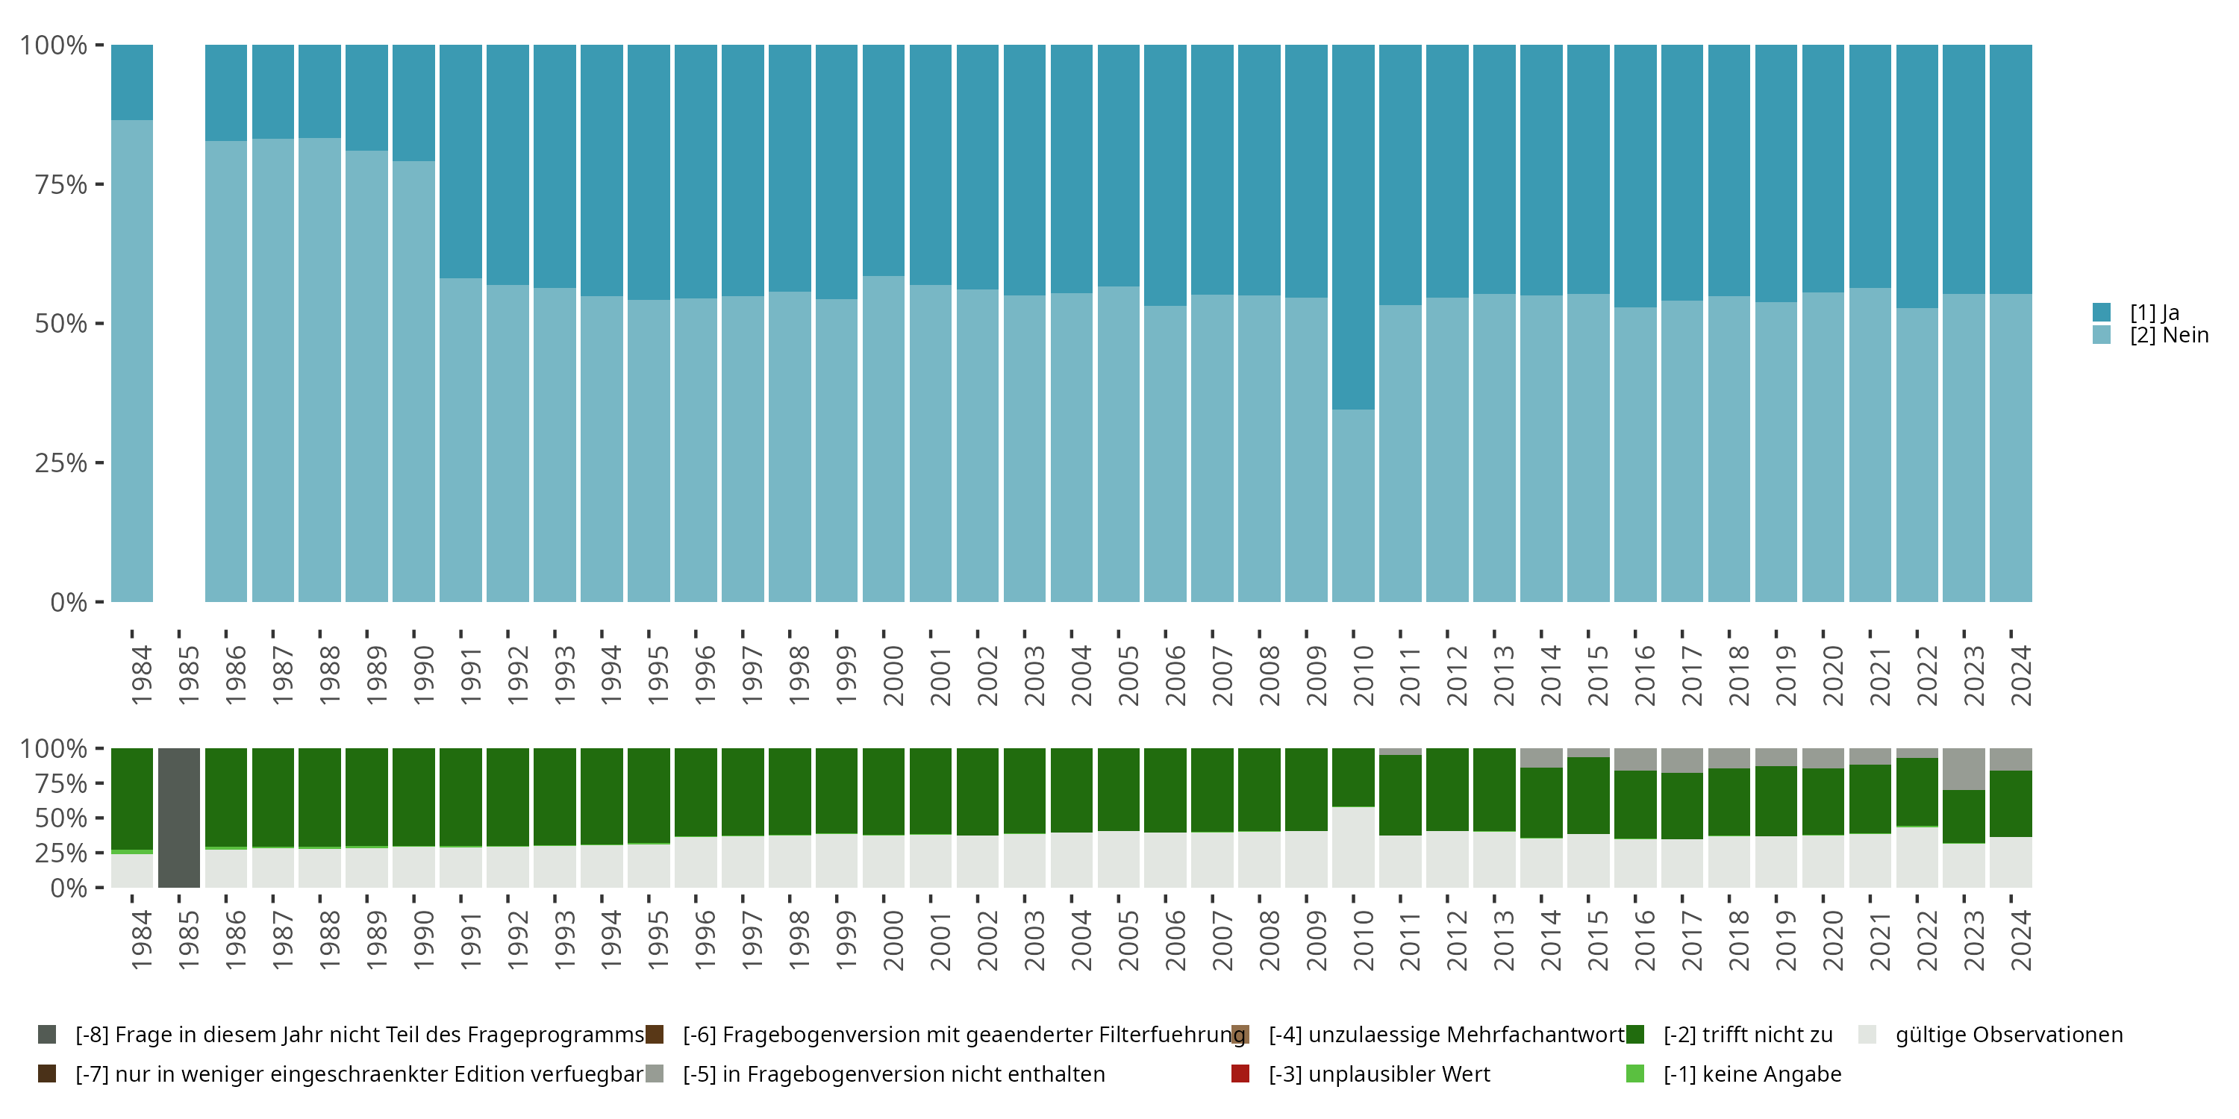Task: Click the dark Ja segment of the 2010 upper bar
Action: point(1353,226)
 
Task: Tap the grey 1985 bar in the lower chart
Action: point(179,818)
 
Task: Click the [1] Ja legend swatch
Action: point(2102,312)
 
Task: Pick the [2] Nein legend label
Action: point(2169,336)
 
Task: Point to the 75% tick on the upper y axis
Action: point(99,184)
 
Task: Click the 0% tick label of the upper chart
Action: point(69,602)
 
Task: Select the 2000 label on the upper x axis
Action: point(893,676)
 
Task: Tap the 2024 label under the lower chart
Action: point(2022,941)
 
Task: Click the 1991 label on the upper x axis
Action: point(470,676)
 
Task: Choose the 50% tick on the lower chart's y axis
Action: point(61,818)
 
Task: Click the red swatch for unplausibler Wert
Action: point(1240,1073)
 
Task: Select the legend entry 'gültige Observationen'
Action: point(2008,1035)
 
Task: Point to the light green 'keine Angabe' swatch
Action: point(1635,1073)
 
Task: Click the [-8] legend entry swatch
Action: point(47,1035)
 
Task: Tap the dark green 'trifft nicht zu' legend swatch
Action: point(1635,1035)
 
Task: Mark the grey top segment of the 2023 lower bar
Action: point(1964,769)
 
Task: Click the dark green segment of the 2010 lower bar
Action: point(1353,777)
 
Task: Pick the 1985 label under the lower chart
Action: point(189,941)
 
